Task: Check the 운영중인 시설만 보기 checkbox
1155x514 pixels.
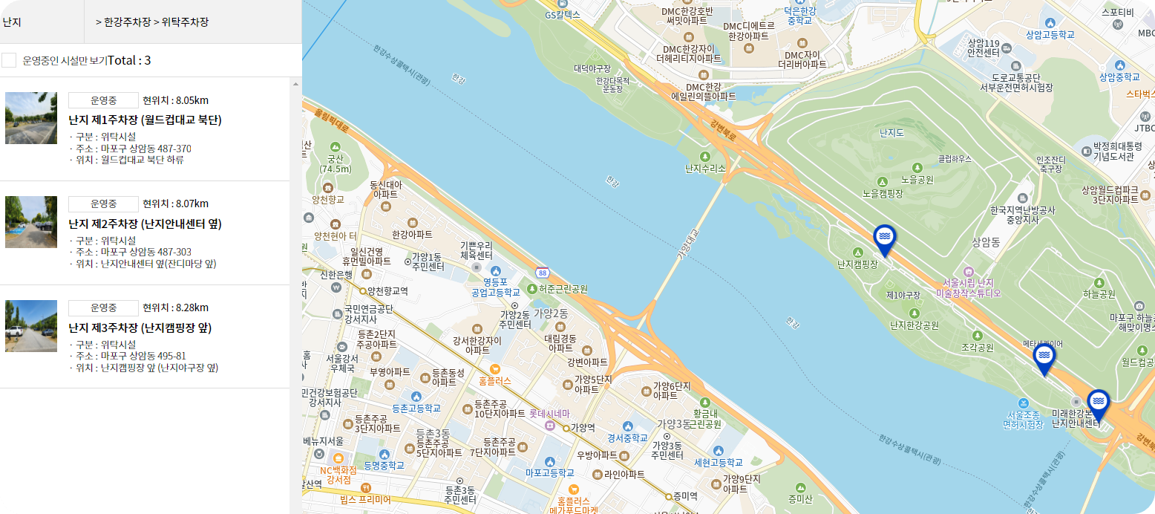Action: [9, 60]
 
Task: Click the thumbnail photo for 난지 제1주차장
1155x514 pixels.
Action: [31, 118]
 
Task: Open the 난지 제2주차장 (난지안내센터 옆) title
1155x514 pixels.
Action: [145, 224]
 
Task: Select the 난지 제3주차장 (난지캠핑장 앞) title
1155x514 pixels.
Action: [140, 328]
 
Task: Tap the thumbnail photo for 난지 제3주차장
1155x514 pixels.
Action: [31, 326]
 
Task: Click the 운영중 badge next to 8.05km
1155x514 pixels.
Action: [103, 100]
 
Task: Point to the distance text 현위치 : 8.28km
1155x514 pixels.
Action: [175, 308]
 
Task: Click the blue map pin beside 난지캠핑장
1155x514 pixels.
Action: [884, 237]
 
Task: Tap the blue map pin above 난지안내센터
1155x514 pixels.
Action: [1098, 403]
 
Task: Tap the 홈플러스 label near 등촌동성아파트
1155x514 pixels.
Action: [494, 380]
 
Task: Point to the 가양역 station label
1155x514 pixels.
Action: [581, 428]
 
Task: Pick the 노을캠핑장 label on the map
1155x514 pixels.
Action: [882, 194]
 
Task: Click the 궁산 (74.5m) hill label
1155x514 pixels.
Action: [336, 163]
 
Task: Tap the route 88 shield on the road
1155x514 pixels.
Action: [543, 273]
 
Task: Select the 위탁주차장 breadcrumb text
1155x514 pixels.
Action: [185, 22]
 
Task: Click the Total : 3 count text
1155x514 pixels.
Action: [129, 60]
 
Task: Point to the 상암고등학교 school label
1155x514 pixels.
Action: [1050, 34]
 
